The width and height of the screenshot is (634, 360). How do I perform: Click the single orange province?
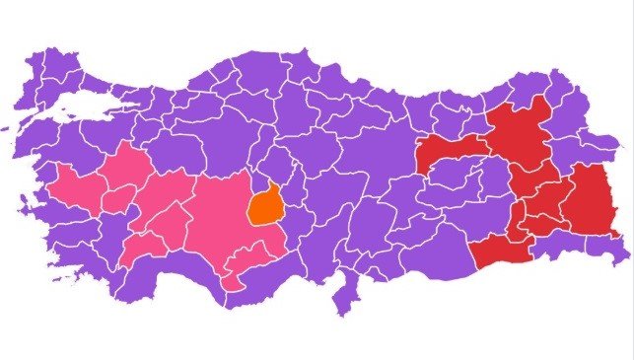pyautogui.click(x=265, y=206)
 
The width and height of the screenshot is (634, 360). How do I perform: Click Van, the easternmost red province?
pyautogui.click(x=593, y=201)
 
